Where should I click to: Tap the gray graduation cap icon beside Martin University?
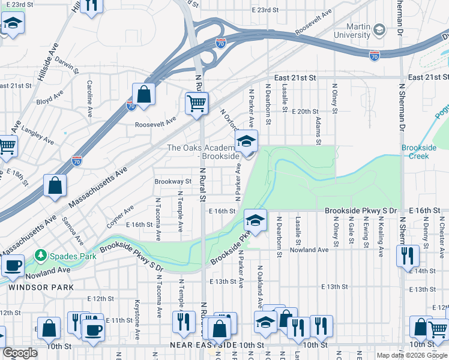click(x=379, y=29)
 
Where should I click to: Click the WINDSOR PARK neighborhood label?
click(x=41, y=287)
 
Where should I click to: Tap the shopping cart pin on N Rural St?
click(x=196, y=104)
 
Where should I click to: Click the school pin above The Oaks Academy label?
click(x=246, y=142)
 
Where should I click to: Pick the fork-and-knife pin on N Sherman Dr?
click(x=408, y=255)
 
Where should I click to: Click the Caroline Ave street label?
click(x=89, y=98)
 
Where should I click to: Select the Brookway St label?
click(x=173, y=181)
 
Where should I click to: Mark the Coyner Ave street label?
click(x=121, y=217)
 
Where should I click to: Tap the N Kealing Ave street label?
click(x=381, y=237)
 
